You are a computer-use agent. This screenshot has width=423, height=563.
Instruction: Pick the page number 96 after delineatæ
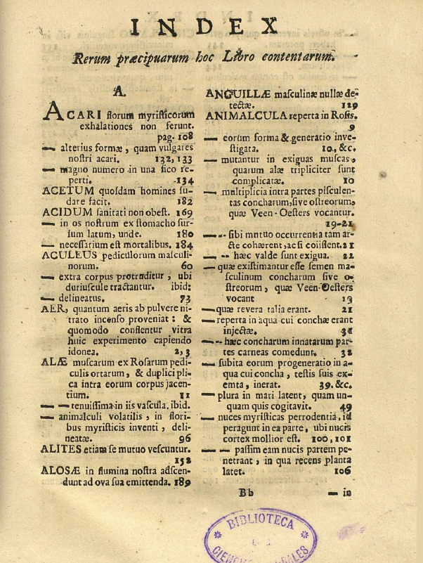click(x=183, y=437)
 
